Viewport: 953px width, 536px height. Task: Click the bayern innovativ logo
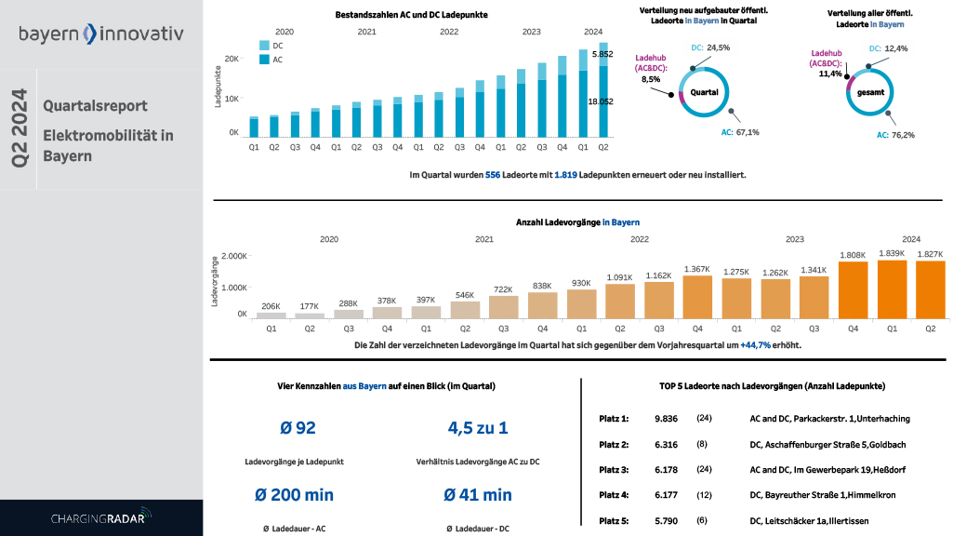[x=100, y=34]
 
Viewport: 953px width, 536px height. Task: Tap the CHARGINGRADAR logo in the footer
[x=100, y=517]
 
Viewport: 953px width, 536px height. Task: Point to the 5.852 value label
[x=602, y=54]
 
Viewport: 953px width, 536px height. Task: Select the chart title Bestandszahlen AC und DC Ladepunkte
[x=411, y=15]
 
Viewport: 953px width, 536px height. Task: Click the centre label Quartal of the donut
[x=704, y=92]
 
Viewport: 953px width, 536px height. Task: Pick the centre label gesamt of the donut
[x=864, y=94]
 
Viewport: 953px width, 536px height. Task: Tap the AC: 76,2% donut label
[x=895, y=135]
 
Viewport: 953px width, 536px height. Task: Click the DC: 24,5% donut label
[x=710, y=47]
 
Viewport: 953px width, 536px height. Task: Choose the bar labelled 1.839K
[x=891, y=289]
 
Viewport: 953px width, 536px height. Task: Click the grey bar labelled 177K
[x=310, y=315]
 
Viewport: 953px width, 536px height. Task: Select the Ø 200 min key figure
[x=294, y=495]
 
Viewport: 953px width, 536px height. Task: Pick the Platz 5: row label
[x=613, y=522]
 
